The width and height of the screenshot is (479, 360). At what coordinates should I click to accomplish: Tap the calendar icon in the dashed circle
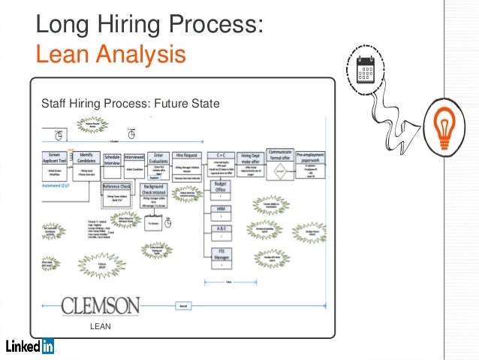pos(366,69)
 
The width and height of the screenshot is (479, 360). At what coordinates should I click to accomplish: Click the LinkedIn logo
pos(30,346)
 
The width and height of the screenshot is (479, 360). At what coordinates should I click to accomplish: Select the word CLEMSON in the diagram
pos(100,306)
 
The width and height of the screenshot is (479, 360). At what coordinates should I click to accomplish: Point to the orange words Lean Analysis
pos(110,54)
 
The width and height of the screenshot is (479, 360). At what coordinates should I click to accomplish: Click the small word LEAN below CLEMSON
pos(101,327)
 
